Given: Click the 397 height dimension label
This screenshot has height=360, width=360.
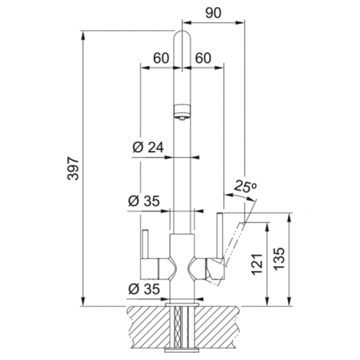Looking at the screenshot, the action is click(x=74, y=168).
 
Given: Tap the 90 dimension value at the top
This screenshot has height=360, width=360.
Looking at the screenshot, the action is click(x=213, y=13).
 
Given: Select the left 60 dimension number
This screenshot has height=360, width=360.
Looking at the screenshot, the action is click(x=161, y=58).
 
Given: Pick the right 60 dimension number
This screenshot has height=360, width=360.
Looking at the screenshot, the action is click(x=203, y=58).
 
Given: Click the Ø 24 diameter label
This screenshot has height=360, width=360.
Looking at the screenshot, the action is click(x=148, y=147).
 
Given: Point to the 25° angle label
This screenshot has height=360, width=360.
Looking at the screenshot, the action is click(x=245, y=186).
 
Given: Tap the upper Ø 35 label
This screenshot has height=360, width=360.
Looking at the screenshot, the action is click(x=144, y=201).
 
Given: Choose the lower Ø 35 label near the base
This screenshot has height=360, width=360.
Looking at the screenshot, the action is click(x=144, y=288).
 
